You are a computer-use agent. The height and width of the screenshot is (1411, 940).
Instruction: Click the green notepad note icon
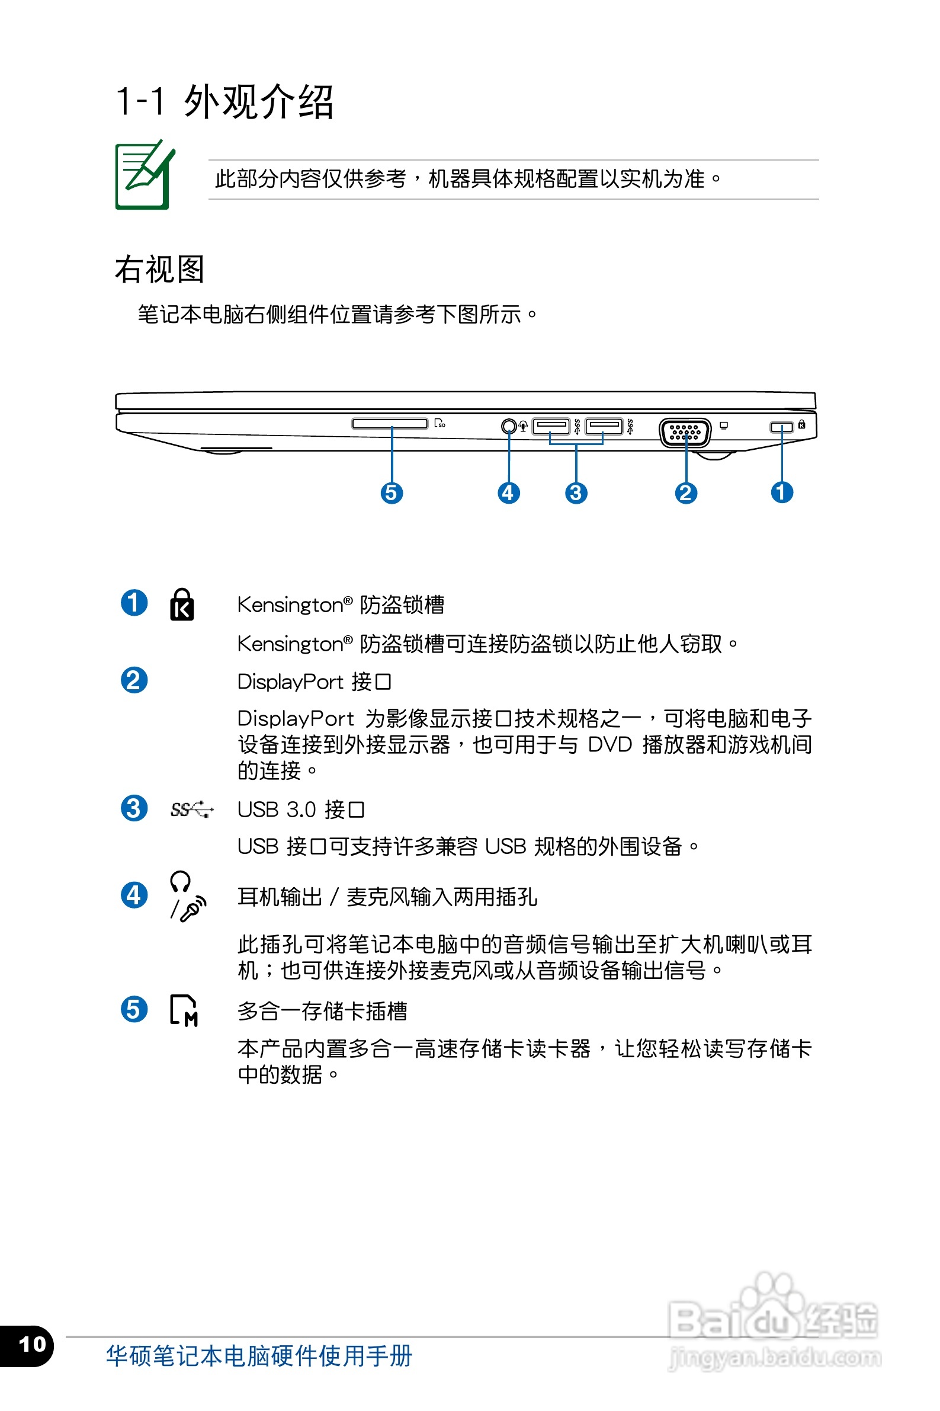pos(144,175)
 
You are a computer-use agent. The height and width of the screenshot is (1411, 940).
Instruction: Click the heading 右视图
pos(159,269)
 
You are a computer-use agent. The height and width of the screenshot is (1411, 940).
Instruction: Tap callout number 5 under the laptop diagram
pos(392,493)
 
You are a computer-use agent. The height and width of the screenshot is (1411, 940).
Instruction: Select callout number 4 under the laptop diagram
pos(508,493)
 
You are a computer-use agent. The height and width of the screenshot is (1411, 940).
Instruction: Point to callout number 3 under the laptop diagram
pos(576,493)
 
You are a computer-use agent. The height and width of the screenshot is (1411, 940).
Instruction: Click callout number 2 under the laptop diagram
pos(686,493)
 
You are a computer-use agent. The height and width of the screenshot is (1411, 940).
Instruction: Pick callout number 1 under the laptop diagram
pos(781,493)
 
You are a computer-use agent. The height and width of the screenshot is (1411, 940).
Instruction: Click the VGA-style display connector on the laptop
pos(685,432)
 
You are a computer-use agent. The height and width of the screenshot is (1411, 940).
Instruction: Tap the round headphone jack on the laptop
pos(508,425)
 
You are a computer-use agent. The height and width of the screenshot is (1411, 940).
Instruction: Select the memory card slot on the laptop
pos(390,424)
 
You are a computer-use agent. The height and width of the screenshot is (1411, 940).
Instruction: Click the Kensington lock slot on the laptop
pos(781,426)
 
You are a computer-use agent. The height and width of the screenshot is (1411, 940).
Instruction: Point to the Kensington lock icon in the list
pos(182,604)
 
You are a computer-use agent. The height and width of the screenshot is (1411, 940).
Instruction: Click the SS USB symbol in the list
pos(191,810)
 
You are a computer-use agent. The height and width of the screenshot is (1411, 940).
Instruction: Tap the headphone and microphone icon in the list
pos(187,897)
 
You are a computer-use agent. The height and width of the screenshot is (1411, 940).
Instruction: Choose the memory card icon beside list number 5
pos(184,1010)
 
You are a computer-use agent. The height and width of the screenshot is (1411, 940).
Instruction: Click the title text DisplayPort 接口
pos(314,682)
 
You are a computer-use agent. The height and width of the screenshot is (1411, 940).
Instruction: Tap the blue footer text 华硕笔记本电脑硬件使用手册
pos(259,1356)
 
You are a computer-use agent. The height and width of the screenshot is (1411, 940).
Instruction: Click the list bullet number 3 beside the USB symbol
pos(134,808)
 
